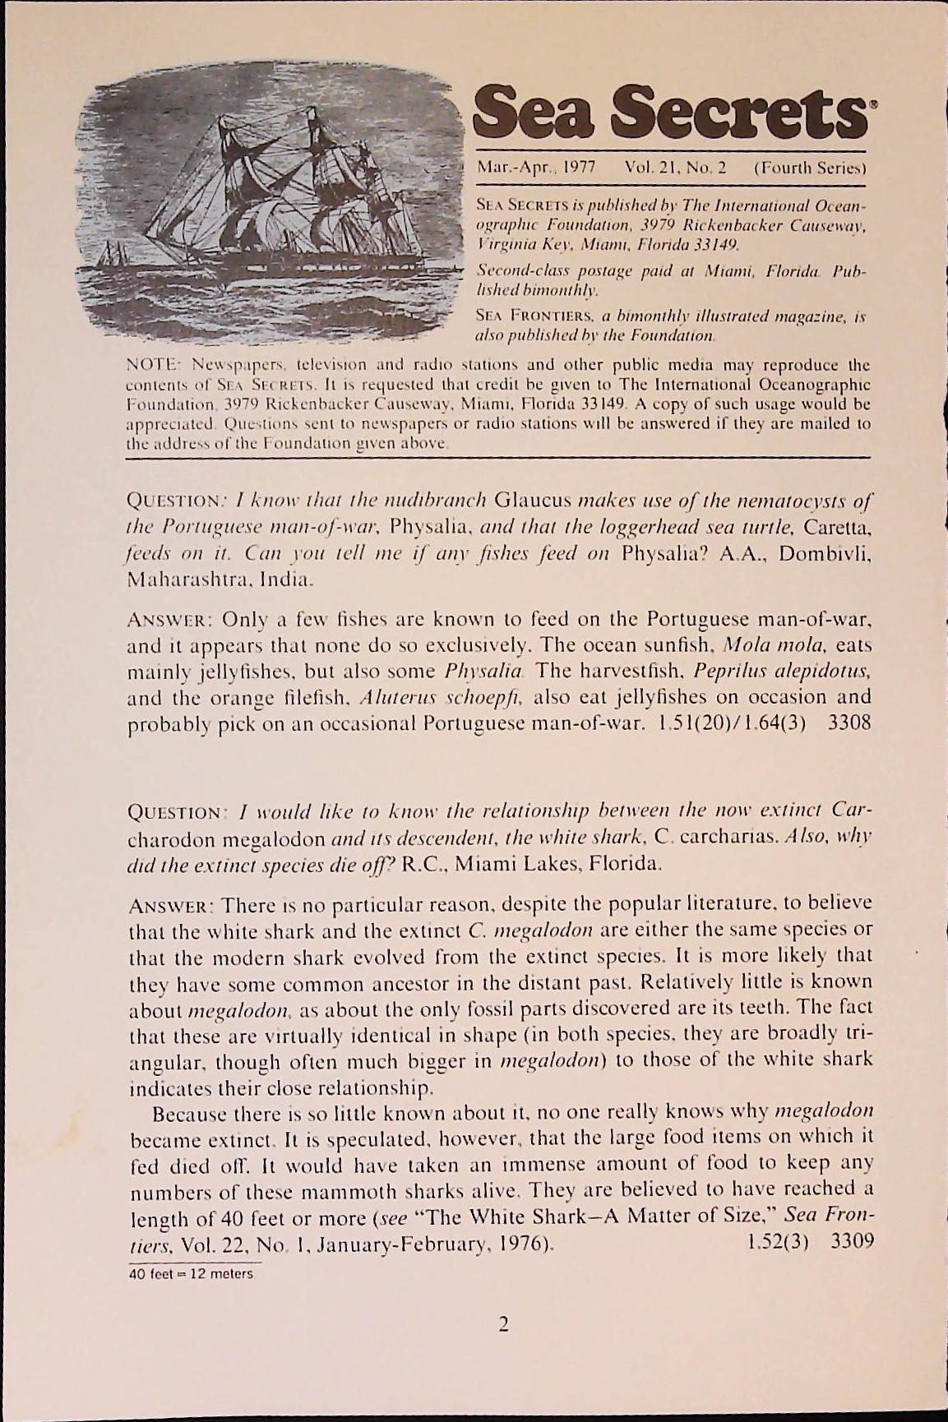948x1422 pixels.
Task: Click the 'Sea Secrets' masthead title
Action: [670, 113]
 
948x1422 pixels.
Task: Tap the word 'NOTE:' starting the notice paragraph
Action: [151, 365]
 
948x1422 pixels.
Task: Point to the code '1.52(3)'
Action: [777, 1241]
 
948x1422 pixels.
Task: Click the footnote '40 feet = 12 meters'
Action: [192, 1274]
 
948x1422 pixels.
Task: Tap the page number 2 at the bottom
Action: [503, 1324]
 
